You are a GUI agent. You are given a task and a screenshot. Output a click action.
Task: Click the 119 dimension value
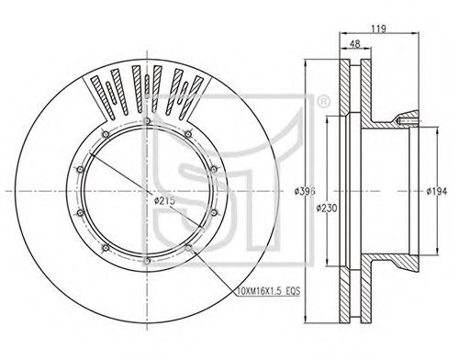tap(379, 28)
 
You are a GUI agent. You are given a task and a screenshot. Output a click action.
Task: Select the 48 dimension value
tap(354, 44)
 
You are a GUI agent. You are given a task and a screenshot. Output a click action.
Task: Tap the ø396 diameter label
tap(305, 191)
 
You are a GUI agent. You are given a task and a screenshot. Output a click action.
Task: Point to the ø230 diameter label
tap(327, 208)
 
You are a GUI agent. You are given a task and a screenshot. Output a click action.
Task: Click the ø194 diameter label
tap(437, 191)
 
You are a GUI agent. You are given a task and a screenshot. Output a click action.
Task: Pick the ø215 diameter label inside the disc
tap(164, 200)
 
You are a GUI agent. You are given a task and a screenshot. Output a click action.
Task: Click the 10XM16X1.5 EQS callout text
tap(269, 291)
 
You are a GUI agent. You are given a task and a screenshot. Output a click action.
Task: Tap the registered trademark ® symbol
tap(323, 102)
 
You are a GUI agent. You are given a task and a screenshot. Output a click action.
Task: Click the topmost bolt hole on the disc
tap(147, 121)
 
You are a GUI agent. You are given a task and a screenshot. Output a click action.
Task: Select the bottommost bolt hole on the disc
tap(147, 261)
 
